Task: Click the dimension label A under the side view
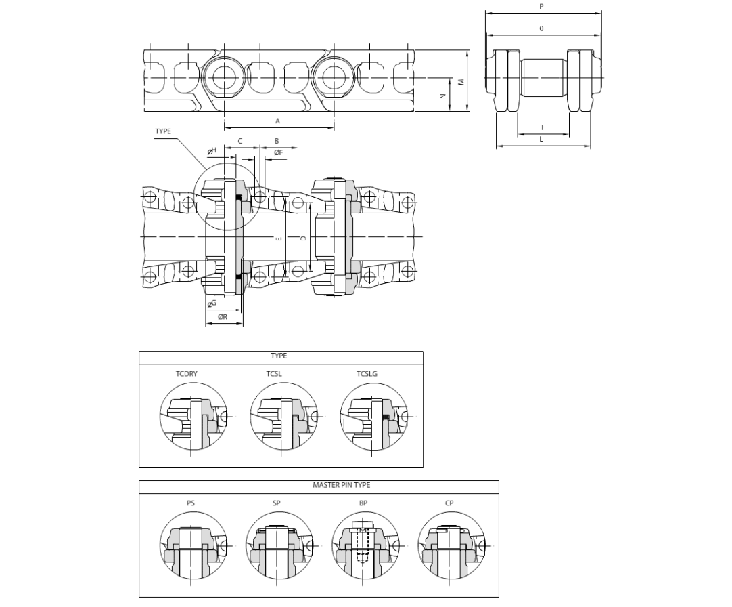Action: point(277,121)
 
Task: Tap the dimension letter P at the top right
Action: point(541,7)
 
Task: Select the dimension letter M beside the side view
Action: point(461,81)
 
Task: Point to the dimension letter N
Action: point(443,96)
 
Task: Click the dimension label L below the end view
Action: point(541,139)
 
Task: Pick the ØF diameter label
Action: point(278,152)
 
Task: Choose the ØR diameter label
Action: point(222,316)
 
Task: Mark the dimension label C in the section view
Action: point(240,141)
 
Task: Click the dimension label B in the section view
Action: point(277,141)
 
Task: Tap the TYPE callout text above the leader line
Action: point(163,131)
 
